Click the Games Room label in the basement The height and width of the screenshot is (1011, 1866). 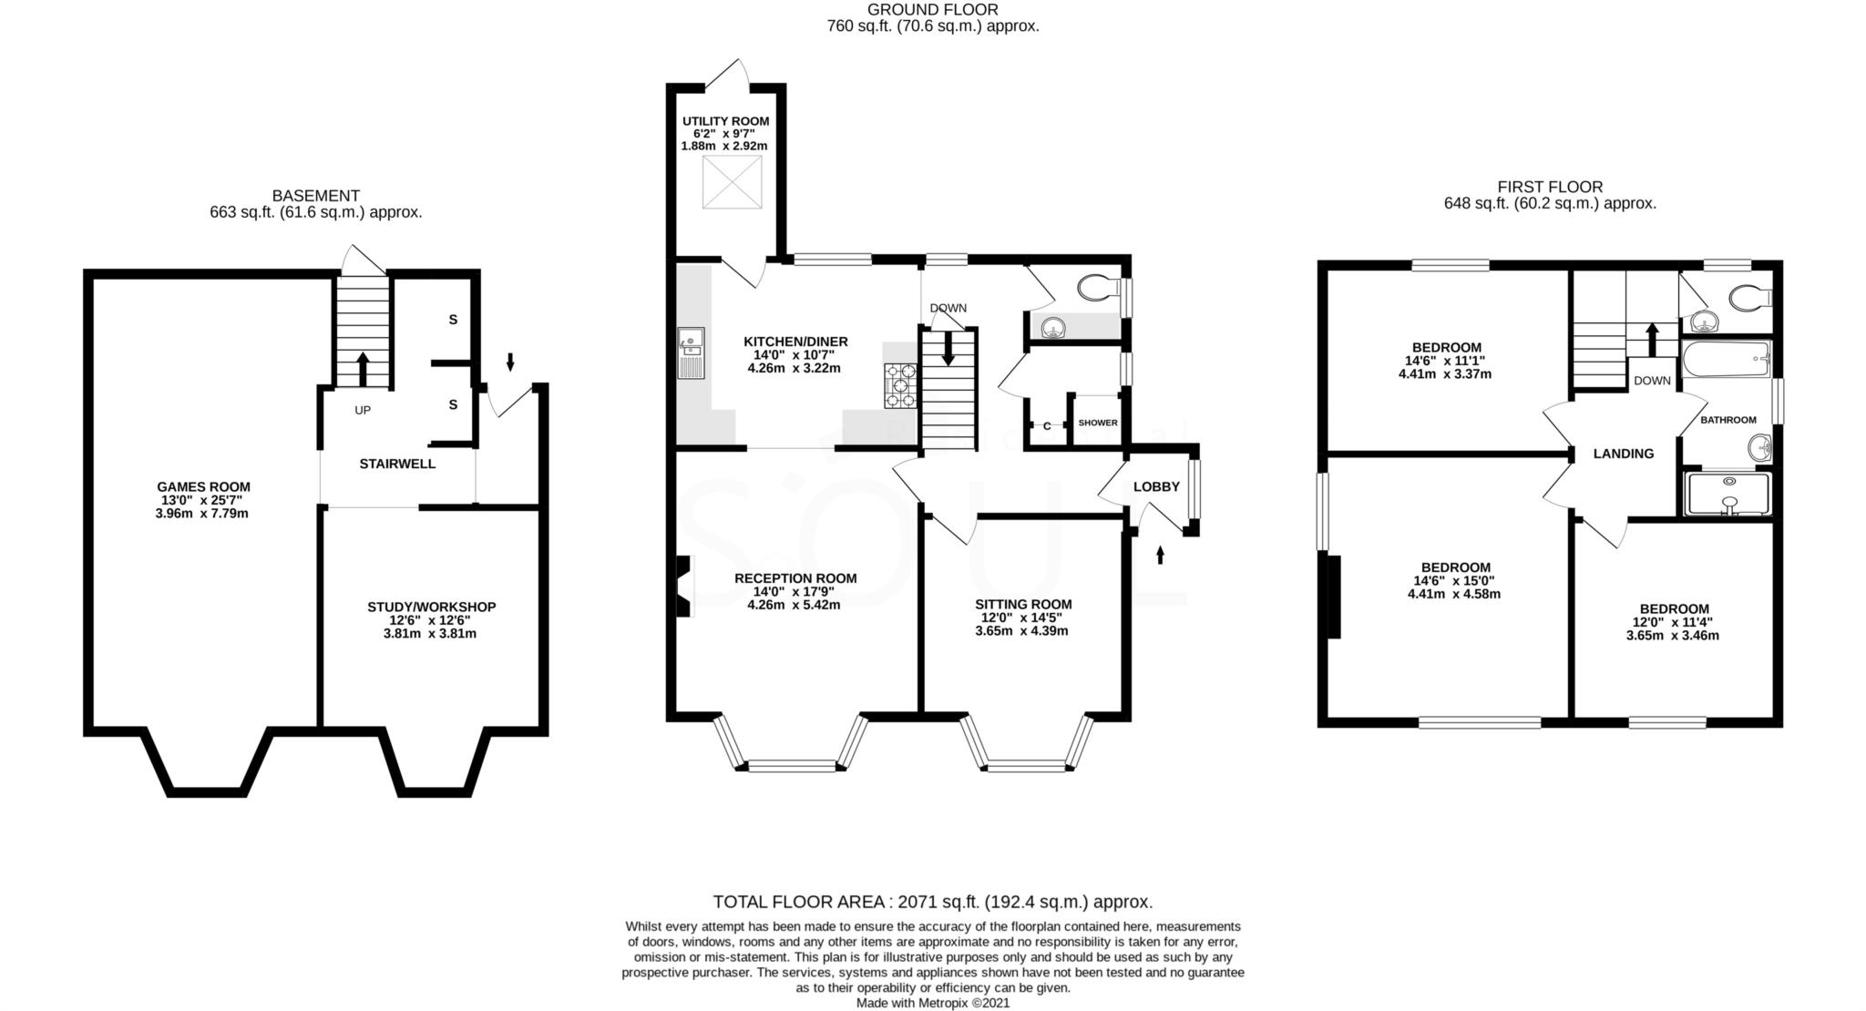pos(202,487)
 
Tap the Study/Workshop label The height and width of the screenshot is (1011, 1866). pos(431,607)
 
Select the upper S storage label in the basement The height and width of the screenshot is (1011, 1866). pos(452,320)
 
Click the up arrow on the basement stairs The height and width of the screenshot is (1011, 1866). pos(362,368)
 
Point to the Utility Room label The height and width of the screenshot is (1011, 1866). pos(725,121)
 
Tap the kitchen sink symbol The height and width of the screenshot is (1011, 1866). pos(690,352)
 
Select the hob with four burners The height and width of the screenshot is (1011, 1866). pos(899,385)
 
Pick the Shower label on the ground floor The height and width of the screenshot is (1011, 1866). pos(1097,423)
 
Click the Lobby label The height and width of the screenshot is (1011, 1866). pos(1155,487)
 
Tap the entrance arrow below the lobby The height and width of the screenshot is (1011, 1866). pos(1160,554)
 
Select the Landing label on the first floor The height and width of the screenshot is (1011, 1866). pos(1623,454)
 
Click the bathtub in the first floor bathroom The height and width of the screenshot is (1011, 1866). pos(1725,360)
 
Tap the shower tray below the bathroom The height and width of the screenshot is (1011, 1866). pos(1728,494)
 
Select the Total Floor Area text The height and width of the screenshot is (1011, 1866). pos(932,902)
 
